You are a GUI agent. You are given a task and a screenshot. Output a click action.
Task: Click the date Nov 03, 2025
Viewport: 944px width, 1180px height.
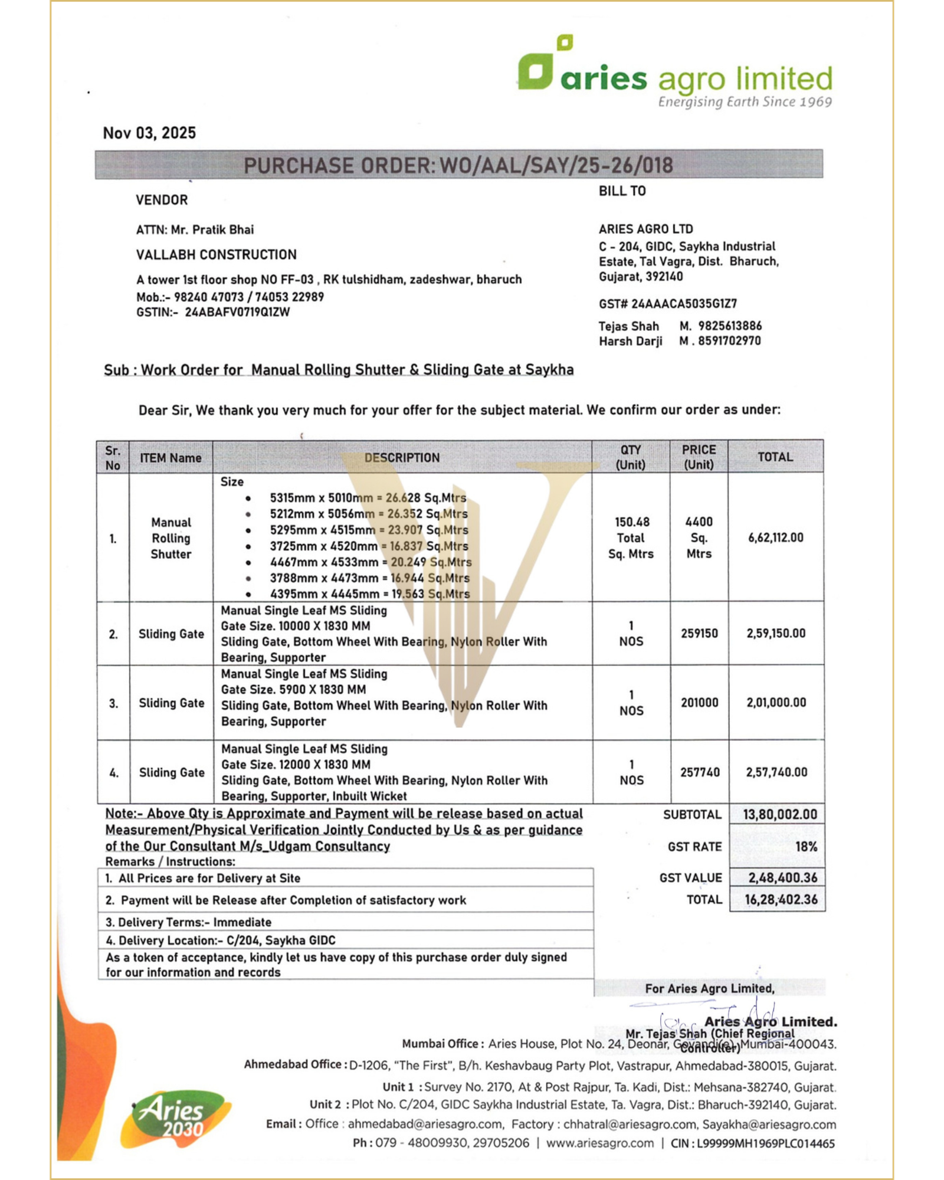pyautogui.click(x=149, y=133)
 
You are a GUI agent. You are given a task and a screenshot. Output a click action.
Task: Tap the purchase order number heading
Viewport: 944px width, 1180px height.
pyautogui.click(x=458, y=165)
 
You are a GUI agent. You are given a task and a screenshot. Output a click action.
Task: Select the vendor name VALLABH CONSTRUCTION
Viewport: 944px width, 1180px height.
pyautogui.click(x=217, y=255)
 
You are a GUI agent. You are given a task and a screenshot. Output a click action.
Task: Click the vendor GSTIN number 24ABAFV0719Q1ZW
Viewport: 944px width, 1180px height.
pyautogui.click(x=237, y=312)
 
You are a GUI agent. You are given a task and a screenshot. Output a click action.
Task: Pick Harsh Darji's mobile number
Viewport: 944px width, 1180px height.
pyautogui.click(x=729, y=341)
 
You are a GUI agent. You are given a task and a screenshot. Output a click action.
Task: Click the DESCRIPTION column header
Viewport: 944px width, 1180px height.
pyautogui.click(x=402, y=458)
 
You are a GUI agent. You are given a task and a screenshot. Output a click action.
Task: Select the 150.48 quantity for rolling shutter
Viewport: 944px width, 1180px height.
pyautogui.click(x=631, y=522)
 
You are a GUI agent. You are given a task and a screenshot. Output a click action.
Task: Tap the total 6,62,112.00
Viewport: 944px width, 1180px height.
pyautogui.click(x=775, y=537)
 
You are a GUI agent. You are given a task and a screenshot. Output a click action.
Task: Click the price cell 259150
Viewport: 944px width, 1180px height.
pyautogui.click(x=699, y=634)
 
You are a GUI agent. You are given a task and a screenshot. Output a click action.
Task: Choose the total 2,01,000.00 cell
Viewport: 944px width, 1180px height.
pyautogui.click(x=776, y=703)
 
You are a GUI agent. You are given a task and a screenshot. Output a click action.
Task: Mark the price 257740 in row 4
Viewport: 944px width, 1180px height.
pyautogui.click(x=700, y=772)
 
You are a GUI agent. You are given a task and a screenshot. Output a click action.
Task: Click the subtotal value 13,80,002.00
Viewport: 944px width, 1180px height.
pyautogui.click(x=779, y=815)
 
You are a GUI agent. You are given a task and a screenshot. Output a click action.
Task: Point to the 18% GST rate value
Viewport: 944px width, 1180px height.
pyautogui.click(x=806, y=847)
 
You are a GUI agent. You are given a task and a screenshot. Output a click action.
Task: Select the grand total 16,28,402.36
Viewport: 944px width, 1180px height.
pyautogui.click(x=781, y=900)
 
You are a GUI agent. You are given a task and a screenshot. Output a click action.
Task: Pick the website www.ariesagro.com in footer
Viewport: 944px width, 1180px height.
pyautogui.click(x=599, y=1143)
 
